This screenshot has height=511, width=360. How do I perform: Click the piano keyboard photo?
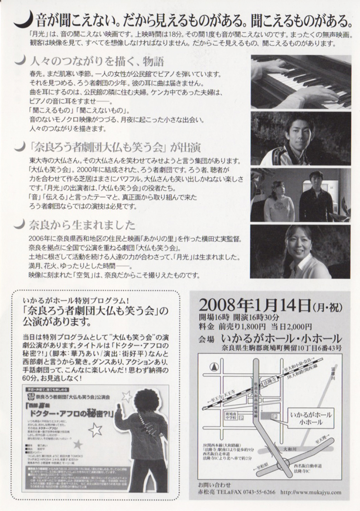click(x=300, y=81)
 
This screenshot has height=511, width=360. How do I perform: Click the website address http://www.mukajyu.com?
click(x=310, y=493)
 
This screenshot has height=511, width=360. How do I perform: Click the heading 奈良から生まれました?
click(x=82, y=225)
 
